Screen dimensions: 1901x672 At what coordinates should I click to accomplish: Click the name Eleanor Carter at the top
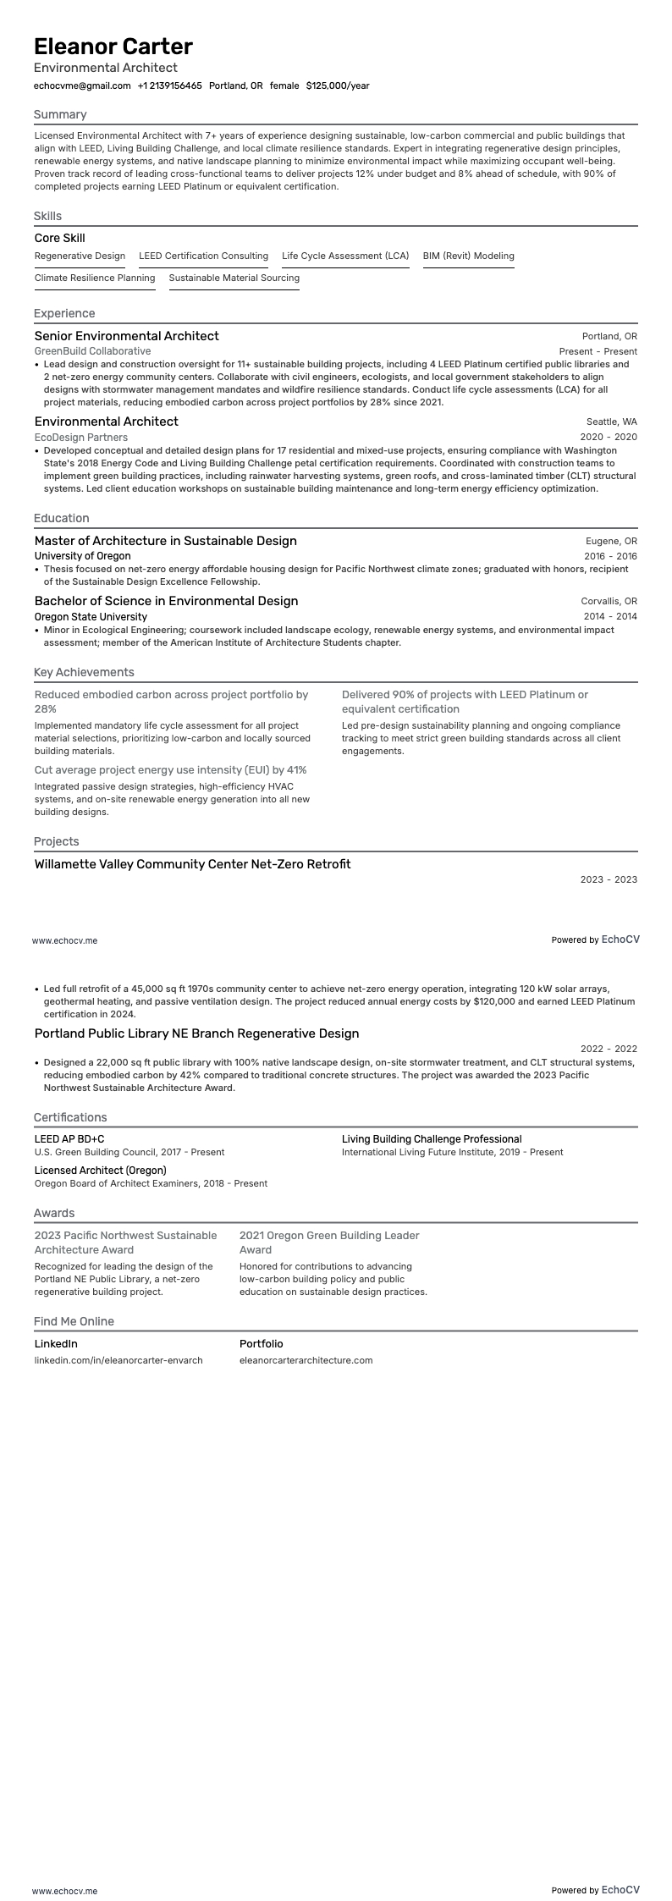coord(113,46)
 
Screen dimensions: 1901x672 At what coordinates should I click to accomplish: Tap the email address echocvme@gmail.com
coord(82,85)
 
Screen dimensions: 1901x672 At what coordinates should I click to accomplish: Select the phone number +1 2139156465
coord(169,85)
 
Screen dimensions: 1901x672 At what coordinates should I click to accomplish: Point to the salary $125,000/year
coord(337,85)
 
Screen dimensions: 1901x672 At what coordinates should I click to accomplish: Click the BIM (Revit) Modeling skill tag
coord(468,256)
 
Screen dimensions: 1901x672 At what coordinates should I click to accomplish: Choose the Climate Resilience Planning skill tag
coord(95,278)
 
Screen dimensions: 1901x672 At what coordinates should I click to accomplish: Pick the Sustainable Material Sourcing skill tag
coord(234,278)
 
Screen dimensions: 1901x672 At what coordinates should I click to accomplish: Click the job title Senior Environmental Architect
coord(126,336)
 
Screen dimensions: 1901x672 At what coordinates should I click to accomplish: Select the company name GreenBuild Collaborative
coord(92,350)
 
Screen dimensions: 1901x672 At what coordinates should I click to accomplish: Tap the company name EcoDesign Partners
coord(81,437)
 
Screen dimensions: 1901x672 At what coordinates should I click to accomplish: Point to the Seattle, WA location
coord(611,422)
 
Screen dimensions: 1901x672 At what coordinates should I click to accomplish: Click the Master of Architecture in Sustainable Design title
coord(166,541)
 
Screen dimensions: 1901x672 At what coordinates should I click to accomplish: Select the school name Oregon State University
coord(91,617)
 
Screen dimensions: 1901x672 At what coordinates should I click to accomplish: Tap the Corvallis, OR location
coord(609,601)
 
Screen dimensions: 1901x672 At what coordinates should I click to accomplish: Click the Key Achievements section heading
coord(84,672)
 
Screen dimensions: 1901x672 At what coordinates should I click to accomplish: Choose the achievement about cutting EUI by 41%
coord(170,770)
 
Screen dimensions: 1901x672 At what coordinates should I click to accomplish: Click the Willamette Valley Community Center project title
coord(192,864)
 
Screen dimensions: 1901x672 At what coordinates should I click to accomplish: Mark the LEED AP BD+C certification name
coord(69,1139)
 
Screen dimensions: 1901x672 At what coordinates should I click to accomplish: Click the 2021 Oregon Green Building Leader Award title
coord(329,1243)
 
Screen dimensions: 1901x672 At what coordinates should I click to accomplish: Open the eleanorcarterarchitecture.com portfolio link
coord(306,1360)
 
